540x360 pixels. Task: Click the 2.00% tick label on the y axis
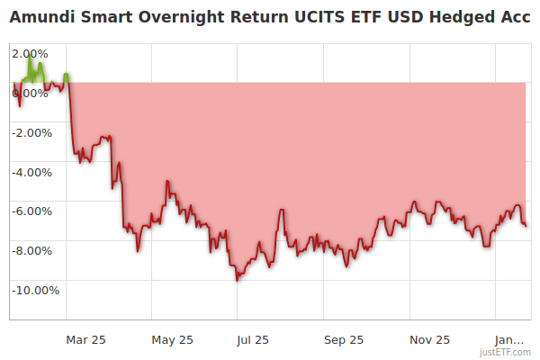30,53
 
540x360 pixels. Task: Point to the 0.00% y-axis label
30,93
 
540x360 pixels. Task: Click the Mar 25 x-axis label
85,340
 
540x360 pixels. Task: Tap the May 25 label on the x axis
172,340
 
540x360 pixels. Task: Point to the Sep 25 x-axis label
343,340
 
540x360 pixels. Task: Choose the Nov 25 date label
429,340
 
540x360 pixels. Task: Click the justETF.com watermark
508,352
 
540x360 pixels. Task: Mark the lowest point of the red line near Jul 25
237,281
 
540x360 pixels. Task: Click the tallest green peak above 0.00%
30,57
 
